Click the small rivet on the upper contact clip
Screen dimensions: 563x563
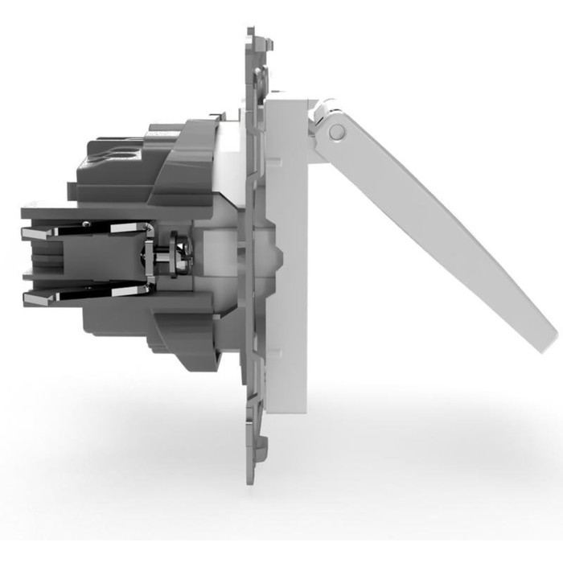point(121,230)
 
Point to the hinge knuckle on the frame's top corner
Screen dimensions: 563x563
point(322,108)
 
